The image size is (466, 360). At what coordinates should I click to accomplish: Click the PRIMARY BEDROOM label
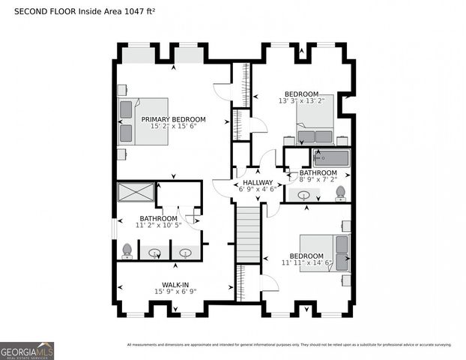tap(173, 119)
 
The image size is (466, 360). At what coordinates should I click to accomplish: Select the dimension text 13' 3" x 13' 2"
tap(301, 100)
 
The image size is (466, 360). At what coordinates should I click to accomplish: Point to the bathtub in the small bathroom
tap(330, 158)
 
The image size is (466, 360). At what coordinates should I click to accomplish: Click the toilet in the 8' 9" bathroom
tap(340, 193)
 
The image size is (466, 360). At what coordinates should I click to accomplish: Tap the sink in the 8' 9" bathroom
tap(304, 195)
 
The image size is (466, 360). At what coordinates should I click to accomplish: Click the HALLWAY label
tap(256, 182)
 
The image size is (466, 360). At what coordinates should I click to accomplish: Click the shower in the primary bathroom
tap(136, 192)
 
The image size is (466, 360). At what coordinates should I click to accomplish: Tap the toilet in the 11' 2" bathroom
tap(127, 250)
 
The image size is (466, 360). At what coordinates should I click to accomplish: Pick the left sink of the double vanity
tap(154, 253)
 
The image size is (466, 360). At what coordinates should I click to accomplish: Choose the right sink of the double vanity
tap(186, 253)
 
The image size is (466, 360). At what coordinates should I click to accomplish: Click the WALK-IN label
tap(175, 285)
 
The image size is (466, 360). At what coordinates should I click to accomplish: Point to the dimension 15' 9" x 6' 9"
tap(175, 292)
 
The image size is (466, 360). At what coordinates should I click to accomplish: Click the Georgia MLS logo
tap(27, 350)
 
